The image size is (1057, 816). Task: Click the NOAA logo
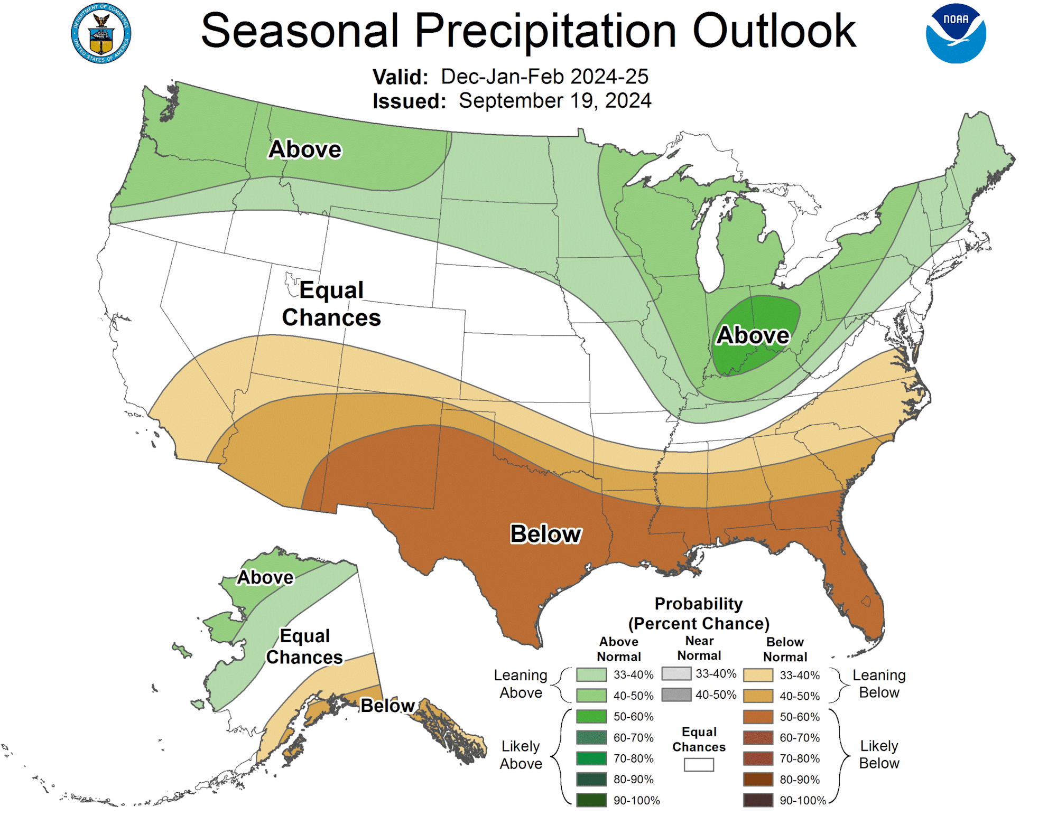[956, 33]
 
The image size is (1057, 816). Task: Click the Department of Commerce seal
[101, 33]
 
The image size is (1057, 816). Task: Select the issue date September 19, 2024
[555, 100]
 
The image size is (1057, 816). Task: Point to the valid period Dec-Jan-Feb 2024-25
[544, 77]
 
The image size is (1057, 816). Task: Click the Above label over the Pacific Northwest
[305, 149]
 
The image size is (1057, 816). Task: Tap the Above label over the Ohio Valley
[753, 335]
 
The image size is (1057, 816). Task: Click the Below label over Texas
[545, 534]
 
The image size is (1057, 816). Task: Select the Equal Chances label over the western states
[331, 304]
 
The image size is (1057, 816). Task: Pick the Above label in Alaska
[265, 577]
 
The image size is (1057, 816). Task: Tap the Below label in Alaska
[387, 706]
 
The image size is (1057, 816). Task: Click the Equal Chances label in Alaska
[304, 646]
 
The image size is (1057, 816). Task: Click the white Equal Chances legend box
[699, 765]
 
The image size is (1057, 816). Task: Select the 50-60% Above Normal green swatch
[591, 717]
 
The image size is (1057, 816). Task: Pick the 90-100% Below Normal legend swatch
[758, 800]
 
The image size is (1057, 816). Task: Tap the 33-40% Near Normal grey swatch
[676, 674]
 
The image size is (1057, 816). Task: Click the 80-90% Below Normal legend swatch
[758, 780]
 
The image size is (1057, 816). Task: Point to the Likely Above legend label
[521, 755]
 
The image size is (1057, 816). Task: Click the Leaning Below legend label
[879, 683]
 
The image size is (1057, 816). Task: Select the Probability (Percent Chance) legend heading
[699, 613]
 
